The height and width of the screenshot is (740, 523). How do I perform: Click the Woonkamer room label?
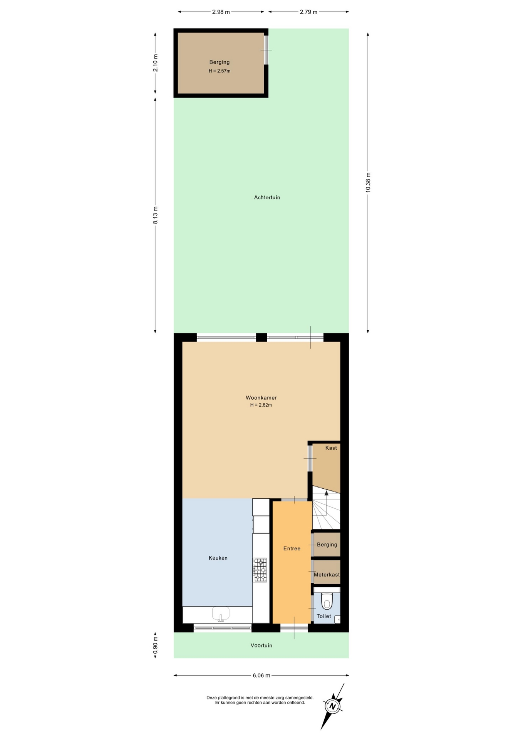261,398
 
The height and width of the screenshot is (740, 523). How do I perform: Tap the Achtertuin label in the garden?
267,197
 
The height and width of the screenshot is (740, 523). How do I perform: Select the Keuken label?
218,558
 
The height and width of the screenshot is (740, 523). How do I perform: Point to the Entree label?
292,548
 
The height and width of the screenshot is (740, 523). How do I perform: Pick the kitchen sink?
221,613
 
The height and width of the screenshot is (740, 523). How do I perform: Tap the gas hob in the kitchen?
260,570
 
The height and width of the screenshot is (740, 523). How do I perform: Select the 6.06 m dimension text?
261,675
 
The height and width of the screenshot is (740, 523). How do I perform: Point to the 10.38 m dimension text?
368,182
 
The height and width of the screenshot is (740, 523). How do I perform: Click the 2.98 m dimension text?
221,12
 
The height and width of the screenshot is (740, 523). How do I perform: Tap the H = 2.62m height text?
261,405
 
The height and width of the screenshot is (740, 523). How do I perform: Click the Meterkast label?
327,575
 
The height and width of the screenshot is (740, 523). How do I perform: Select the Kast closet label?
331,448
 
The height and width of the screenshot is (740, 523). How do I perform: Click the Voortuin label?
261,645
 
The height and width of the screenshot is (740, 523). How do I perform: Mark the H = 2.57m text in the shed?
220,71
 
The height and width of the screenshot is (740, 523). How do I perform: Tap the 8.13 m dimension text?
155,215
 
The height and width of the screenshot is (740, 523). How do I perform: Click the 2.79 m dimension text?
308,12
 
